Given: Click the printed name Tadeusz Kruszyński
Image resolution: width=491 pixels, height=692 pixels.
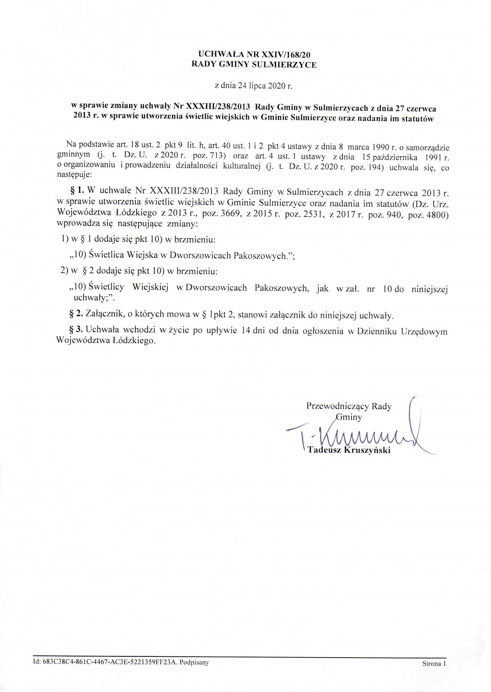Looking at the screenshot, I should point(349,450).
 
